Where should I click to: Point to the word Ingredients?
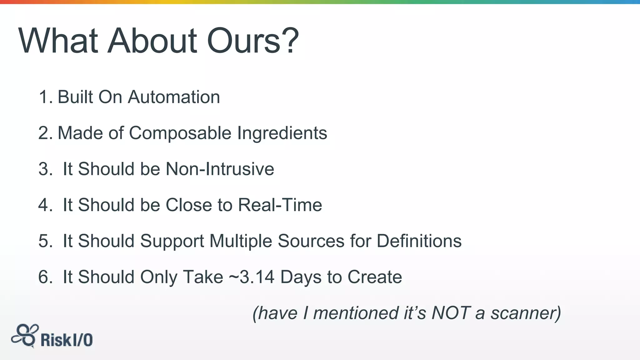point(282,133)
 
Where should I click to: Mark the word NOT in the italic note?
point(451,313)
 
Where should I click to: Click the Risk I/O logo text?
point(67,340)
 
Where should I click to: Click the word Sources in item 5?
point(311,241)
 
